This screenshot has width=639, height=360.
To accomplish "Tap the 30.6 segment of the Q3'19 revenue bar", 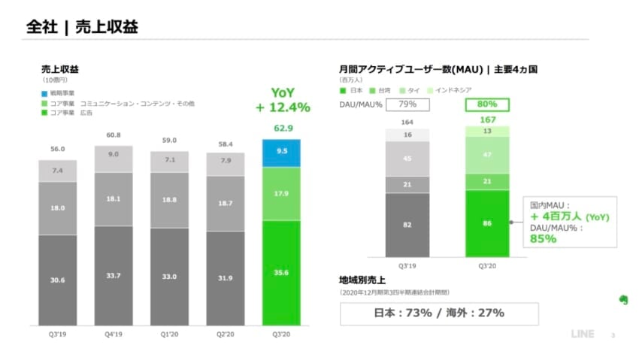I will tap(58, 280).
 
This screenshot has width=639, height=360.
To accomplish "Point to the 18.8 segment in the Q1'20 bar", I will tap(169, 201).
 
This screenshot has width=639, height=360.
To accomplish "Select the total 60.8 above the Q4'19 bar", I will tap(114, 135).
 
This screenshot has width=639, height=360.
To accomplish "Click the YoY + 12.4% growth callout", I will tap(283, 100).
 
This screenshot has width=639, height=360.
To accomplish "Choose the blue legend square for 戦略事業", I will tap(44, 93).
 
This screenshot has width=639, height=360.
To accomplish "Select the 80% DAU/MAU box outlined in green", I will tap(486, 104).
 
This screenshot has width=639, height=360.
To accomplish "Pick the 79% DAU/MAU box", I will tap(407, 104).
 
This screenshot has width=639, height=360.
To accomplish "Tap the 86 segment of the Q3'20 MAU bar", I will tap(486, 223).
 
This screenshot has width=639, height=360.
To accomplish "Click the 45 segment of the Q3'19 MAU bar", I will tap(407, 159).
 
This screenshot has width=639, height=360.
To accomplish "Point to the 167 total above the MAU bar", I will tap(486, 119).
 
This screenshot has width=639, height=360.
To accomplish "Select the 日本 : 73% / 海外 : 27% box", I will tap(440, 313).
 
